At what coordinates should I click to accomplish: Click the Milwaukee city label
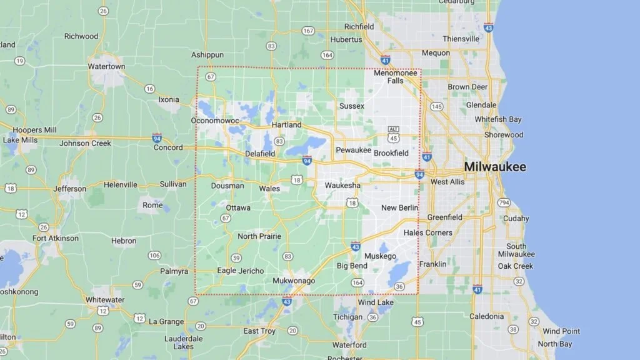(x=494, y=167)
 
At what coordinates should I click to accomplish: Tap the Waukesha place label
(x=342, y=186)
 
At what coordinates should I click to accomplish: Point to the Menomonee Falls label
(x=396, y=76)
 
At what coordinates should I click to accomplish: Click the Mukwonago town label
(x=294, y=281)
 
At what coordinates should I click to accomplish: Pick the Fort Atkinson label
(x=56, y=238)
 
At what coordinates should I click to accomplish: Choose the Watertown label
(x=106, y=66)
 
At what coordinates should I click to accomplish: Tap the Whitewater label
(x=105, y=299)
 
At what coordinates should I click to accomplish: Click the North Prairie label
(x=259, y=236)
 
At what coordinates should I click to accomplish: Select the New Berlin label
(x=399, y=207)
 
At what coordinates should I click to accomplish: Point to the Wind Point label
(x=561, y=331)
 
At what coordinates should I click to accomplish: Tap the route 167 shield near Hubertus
(x=307, y=31)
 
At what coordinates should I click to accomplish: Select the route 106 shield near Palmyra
(x=154, y=255)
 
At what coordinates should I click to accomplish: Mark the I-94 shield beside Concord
(x=157, y=137)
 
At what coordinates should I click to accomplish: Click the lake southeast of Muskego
(x=399, y=273)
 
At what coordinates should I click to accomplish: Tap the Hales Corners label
(x=428, y=232)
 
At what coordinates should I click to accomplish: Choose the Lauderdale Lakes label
(x=183, y=342)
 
